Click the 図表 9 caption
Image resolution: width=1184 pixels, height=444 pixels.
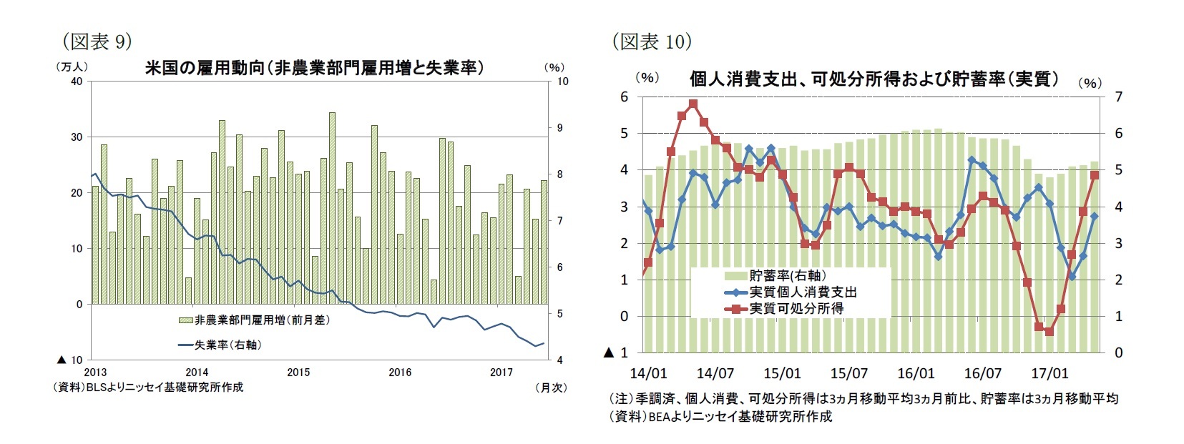pyautogui.click(x=97, y=41)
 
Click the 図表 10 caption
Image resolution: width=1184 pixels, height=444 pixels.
pyautogui.click(x=651, y=41)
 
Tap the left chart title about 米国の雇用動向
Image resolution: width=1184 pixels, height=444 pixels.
pyautogui.click(x=313, y=68)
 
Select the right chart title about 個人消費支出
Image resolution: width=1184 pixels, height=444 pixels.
pyautogui.click(x=874, y=79)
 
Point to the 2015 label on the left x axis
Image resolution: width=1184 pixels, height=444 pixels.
pyautogui.click(x=298, y=373)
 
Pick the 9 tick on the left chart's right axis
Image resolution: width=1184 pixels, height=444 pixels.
pyautogui.click(x=563, y=128)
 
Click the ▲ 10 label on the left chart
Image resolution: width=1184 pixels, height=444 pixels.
pyautogui.click(x=70, y=360)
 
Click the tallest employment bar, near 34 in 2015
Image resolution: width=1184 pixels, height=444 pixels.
pyautogui.click(x=332, y=207)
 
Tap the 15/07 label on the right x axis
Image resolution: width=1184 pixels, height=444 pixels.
pyautogui.click(x=848, y=373)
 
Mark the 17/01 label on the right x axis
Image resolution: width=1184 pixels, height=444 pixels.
pyautogui.click(x=1050, y=373)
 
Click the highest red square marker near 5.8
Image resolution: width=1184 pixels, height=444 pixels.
pyautogui.click(x=693, y=104)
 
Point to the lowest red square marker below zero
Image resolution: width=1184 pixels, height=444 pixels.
pyautogui.click(x=1050, y=332)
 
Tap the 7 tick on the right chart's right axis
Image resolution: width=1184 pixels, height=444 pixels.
pyautogui.click(x=1118, y=97)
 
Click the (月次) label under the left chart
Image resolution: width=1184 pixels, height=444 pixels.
pyautogui.click(x=551, y=387)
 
